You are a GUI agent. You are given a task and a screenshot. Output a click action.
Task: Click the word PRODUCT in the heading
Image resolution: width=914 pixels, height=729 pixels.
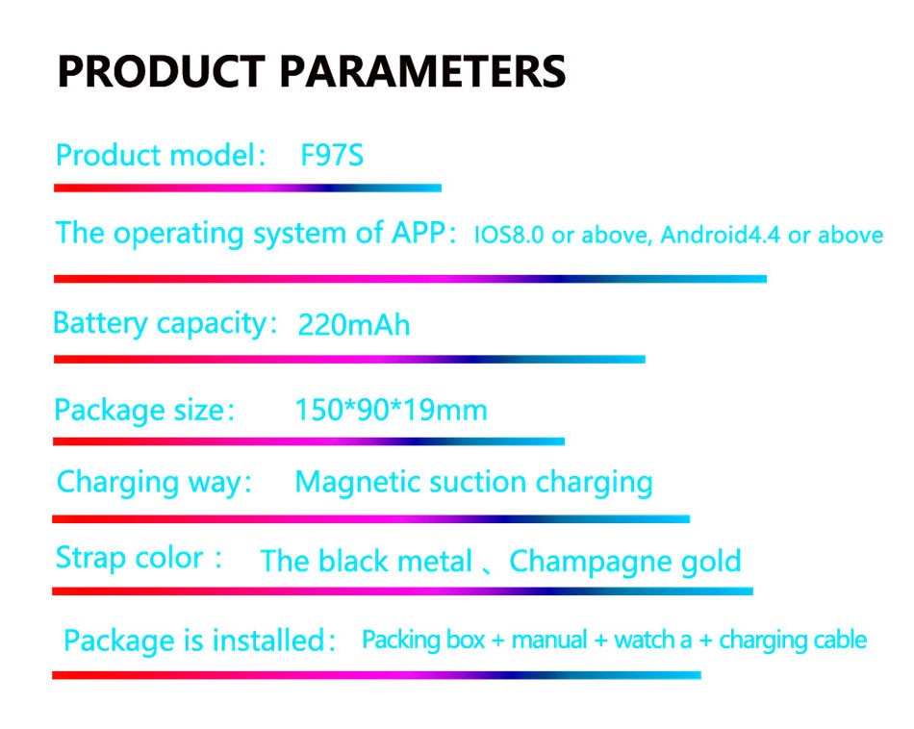coord(162,71)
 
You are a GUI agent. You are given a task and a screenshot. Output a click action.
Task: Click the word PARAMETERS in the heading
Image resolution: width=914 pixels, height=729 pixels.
coord(422,71)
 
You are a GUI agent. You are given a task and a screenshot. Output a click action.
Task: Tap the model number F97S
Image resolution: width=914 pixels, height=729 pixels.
coord(332,155)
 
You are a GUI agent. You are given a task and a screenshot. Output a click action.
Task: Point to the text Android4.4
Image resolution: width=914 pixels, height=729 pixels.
coord(721,235)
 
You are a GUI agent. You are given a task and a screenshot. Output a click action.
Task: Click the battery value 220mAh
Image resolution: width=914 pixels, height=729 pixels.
coord(354,324)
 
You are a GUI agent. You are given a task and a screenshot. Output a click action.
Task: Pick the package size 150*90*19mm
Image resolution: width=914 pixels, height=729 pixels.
coord(392,410)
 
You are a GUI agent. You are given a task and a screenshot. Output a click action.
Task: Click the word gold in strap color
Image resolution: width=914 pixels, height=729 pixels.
coord(711,561)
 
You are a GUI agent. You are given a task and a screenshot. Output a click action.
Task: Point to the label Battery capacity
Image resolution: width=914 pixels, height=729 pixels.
coord(161,323)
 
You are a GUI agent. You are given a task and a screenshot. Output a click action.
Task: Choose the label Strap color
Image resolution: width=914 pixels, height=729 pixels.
coord(130,558)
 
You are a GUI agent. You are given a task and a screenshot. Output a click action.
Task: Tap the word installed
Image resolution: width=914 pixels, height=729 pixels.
coord(267,641)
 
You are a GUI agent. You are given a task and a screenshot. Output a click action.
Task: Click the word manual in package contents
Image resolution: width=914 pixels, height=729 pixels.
coord(549,640)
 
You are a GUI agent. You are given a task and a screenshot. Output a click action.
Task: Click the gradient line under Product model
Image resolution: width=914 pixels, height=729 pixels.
coord(247,189)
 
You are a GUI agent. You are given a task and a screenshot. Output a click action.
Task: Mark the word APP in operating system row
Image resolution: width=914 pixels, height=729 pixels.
coord(418,232)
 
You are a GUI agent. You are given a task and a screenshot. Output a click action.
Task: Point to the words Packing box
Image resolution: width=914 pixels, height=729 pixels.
coord(423,641)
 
